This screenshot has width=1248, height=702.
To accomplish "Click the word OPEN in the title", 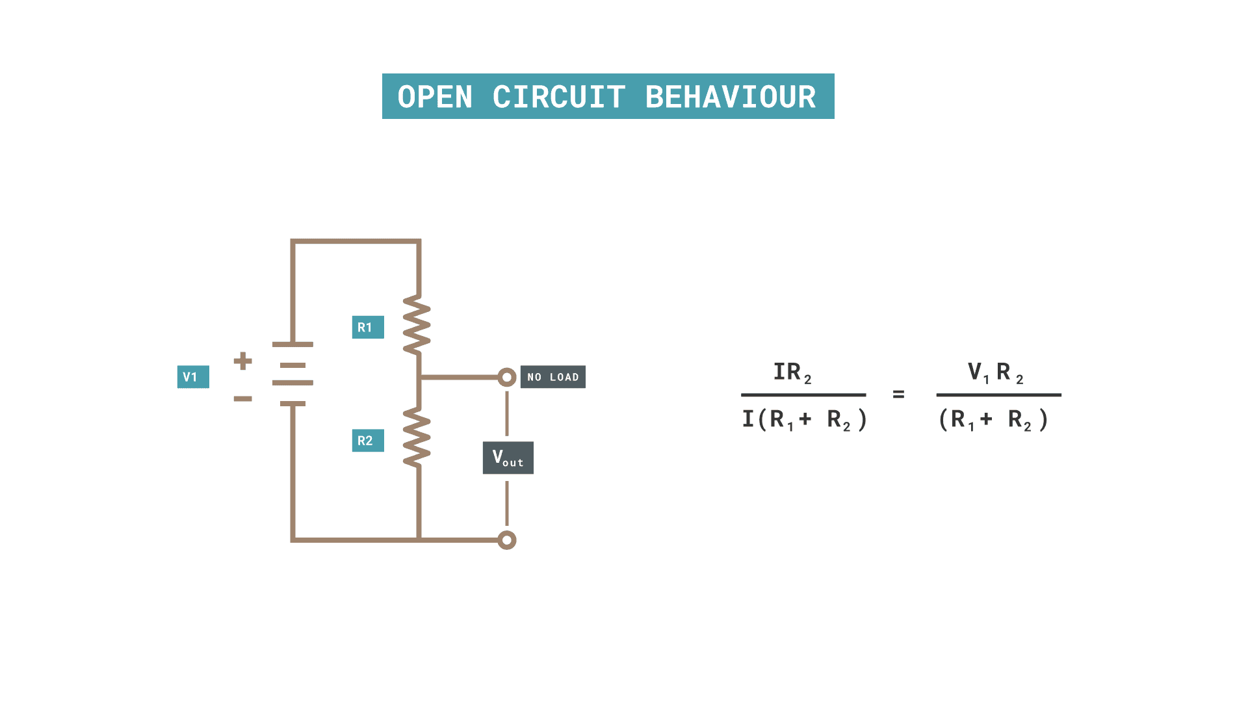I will point(435,97).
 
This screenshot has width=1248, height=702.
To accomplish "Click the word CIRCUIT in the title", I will point(559,97).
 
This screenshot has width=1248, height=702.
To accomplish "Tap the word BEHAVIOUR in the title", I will point(730,97).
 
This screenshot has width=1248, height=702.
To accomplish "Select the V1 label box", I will point(193,377).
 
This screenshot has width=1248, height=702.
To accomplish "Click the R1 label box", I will point(368,327).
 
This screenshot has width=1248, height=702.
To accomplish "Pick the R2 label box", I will point(368,441).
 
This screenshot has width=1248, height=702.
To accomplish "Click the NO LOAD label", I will point(553,377).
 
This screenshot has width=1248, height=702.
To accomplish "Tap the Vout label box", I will point(508,458).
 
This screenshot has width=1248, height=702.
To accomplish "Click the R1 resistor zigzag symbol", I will point(417,325).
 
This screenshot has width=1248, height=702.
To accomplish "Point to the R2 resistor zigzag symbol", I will point(417,437).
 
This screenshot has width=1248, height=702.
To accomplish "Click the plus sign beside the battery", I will point(242,361).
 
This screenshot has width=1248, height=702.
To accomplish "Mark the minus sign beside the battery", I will point(242,398).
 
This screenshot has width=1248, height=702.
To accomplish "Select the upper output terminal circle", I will point(507,377).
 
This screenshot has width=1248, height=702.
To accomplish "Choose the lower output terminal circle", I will point(507,540).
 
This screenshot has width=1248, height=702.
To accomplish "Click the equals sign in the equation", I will point(898,395).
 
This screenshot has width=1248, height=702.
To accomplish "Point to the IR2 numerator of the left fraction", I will point(792,372).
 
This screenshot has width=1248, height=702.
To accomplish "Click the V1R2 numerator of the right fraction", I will point(996,372).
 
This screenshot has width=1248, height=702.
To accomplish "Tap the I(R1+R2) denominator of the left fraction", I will point(804,420).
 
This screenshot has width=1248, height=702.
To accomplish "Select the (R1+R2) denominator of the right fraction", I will point(993,420).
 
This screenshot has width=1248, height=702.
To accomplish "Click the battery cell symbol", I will point(292,374).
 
